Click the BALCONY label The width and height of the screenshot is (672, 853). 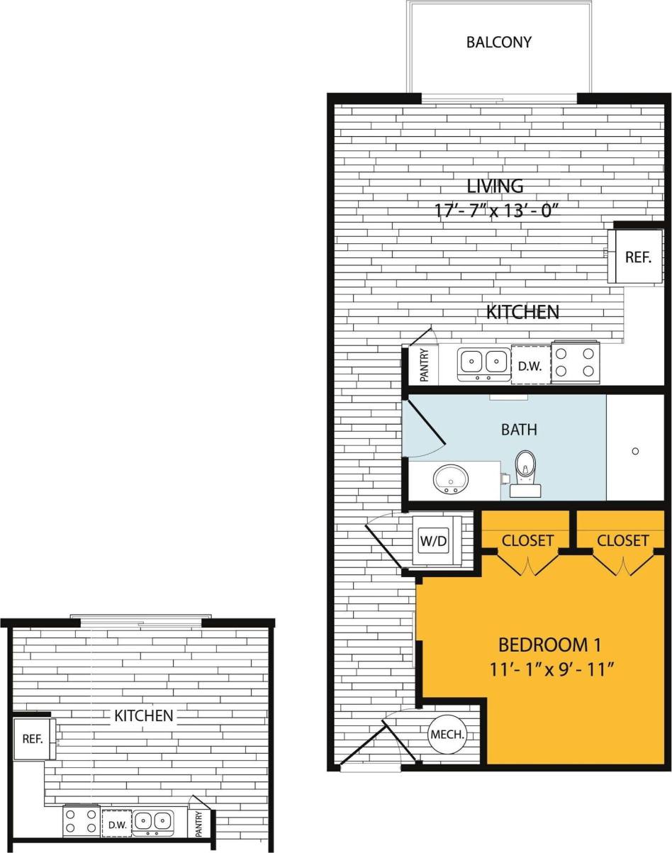[498, 42]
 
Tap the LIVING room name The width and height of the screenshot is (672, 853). [495, 186]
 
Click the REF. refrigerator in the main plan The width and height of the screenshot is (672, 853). [637, 257]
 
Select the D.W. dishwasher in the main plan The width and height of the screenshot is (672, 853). [531, 366]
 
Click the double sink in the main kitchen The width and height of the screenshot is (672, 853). [484, 364]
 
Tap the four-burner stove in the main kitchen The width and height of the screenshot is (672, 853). [576, 362]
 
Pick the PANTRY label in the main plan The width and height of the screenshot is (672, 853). [424, 366]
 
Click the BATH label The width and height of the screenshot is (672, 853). [519, 429]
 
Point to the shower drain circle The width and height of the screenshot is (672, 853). [635, 451]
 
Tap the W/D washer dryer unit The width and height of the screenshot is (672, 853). [433, 540]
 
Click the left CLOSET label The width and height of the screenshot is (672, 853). [527, 540]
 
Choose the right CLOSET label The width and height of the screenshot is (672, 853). [622, 540]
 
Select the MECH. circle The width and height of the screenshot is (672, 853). [447, 735]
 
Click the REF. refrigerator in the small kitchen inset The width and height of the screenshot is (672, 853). [33, 739]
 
